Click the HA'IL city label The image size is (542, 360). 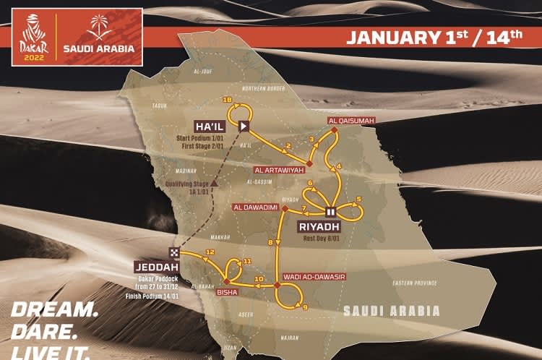(211, 124)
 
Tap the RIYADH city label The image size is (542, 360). (318, 226)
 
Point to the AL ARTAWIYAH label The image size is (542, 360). (279, 170)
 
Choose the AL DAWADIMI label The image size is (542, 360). (256, 207)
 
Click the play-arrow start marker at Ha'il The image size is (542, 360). (244, 125)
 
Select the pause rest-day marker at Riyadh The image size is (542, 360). (330, 212)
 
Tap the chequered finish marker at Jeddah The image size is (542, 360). (175, 252)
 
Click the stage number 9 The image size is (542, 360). (305, 307)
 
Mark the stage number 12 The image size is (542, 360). (210, 252)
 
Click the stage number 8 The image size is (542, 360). (271, 243)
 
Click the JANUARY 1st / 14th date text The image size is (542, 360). (434, 36)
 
